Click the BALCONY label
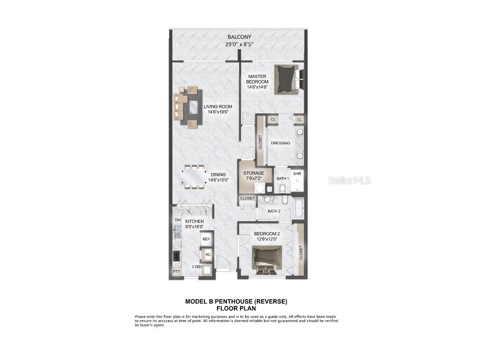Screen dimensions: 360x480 point(240,37)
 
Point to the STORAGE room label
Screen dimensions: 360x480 point(254,173)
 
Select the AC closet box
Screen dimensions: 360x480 point(207,255)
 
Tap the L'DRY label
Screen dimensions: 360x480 point(197,267)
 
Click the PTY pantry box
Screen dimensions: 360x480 point(176,271)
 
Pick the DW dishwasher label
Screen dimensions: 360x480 point(178,220)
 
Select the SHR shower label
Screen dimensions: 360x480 point(297,173)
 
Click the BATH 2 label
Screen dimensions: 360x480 point(274,211)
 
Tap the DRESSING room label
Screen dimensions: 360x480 point(281,143)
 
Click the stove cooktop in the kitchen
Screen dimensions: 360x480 point(177,255)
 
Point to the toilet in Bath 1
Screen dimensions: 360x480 point(282,188)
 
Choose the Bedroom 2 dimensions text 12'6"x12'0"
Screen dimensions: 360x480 point(267,239)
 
